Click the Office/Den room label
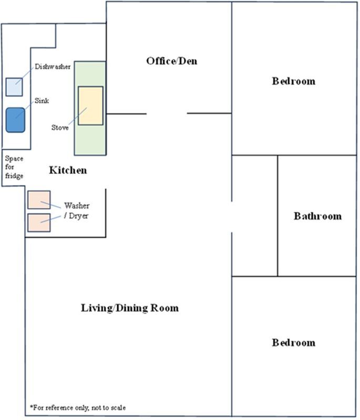(171, 61)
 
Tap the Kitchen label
(68, 170)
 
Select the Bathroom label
(317, 216)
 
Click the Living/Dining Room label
(130, 308)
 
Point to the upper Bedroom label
(294, 81)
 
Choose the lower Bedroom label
(294, 342)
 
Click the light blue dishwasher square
(14, 87)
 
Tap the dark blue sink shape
(16, 120)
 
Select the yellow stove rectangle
(90, 106)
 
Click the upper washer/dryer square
(39, 200)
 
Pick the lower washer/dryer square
(39, 223)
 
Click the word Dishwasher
(53, 67)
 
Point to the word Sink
(42, 101)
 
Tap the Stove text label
(60, 128)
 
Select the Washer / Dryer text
(77, 211)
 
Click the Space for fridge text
(14, 167)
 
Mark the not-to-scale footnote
(78, 408)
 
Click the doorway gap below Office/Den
(167, 113)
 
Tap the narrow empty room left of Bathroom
(255, 216)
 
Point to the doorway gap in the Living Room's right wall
(232, 217)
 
